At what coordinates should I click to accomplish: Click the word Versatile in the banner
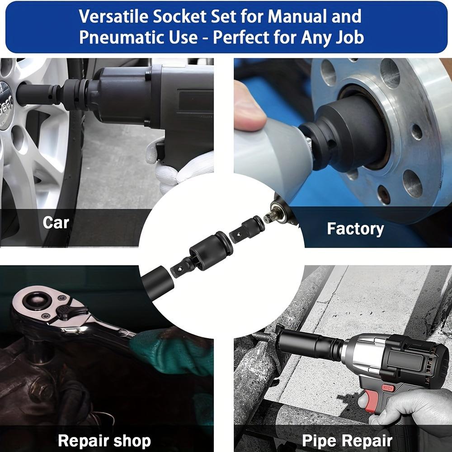(x=113, y=16)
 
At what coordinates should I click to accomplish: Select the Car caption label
(x=56, y=222)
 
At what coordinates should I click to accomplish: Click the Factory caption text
(x=355, y=229)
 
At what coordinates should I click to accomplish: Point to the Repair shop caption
(x=104, y=441)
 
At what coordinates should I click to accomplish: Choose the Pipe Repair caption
(x=347, y=440)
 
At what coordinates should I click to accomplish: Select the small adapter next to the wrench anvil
(x=247, y=229)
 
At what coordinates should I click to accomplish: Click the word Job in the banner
(x=349, y=38)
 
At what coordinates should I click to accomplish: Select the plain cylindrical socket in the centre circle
(x=157, y=282)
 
